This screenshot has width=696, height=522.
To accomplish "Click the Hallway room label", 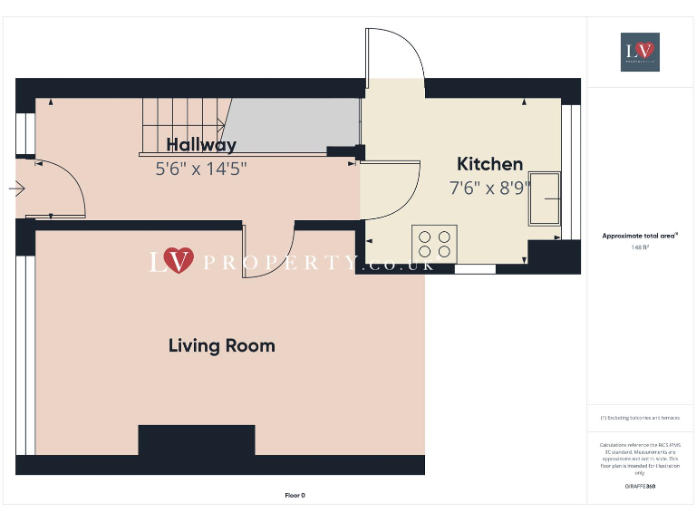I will tap(201, 145).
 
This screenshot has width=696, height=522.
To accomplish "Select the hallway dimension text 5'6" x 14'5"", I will tap(201, 168).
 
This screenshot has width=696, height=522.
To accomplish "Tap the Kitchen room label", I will tap(489, 164).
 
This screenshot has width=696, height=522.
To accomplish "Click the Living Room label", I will tap(222, 345).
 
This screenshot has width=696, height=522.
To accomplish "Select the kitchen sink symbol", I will tap(546, 198).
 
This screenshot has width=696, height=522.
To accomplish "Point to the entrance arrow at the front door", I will tap(16, 189).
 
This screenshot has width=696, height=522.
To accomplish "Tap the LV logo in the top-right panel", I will tap(640, 52).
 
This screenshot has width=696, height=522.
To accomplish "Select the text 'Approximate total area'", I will tap(640, 236).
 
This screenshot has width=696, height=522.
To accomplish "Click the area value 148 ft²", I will tap(640, 246).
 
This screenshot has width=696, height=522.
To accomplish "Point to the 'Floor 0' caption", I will tap(295, 495).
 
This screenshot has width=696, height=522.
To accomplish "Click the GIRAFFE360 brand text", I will tap(640, 487).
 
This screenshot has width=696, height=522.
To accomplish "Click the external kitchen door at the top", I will tap(394, 54).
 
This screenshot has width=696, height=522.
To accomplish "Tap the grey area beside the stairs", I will tap(290, 124).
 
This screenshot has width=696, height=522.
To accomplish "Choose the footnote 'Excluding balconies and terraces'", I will tap(640, 418).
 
